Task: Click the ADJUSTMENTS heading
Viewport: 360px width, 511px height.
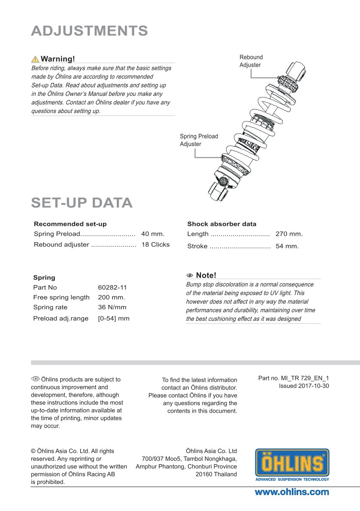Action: (x=89, y=31)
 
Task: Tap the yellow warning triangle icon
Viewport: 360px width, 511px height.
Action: (x=35, y=59)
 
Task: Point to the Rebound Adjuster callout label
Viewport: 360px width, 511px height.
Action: (x=251, y=61)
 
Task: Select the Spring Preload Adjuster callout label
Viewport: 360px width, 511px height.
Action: (x=199, y=140)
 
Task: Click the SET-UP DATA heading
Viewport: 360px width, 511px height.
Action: (x=82, y=203)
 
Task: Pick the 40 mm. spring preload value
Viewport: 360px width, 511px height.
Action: (x=153, y=234)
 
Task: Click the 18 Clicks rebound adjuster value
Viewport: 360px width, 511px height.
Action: (x=155, y=245)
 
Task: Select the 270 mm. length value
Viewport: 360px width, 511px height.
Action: (x=289, y=234)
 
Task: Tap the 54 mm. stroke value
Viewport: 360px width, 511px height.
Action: (x=287, y=246)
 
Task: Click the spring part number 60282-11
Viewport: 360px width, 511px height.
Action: (x=112, y=287)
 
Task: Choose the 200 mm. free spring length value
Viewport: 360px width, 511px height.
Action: (x=112, y=297)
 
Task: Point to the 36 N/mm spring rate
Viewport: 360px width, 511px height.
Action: (x=112, y=307)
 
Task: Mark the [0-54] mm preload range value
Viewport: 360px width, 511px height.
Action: (x=114, y=319)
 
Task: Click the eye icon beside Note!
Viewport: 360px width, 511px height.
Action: (x=190, y=276)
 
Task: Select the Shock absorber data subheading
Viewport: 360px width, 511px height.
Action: (x=222, y=224)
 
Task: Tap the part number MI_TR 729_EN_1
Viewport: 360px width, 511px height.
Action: (x=305, y=378)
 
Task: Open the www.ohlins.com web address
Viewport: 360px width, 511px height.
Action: (x=292, y=492)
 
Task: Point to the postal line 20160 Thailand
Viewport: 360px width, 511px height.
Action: (x=216, y=474)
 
